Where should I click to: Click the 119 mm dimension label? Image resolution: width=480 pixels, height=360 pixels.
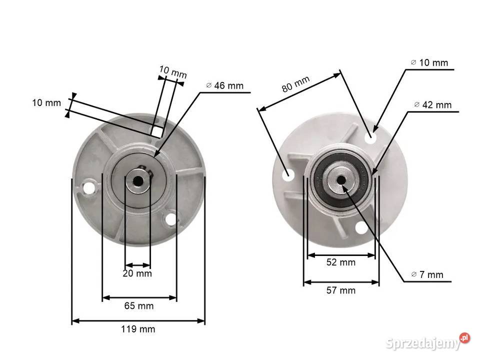click(138, 329)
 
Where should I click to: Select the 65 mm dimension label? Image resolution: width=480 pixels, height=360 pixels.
click(139, 305)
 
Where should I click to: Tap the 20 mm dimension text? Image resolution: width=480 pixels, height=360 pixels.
click(137, 273)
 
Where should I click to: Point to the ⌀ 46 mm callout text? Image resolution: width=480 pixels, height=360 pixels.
click(225, 85)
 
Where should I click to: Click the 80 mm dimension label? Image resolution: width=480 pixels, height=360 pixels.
click(295, 84)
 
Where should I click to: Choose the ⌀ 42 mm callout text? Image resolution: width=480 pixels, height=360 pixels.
click(433, 104)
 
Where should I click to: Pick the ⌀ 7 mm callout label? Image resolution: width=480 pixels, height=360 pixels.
click(427, 274)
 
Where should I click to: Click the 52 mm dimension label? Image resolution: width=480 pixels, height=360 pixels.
click(341, 262)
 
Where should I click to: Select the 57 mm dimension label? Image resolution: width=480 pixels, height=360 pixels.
click(341, 290)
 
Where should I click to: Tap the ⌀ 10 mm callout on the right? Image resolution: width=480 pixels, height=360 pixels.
click(429, 62)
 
